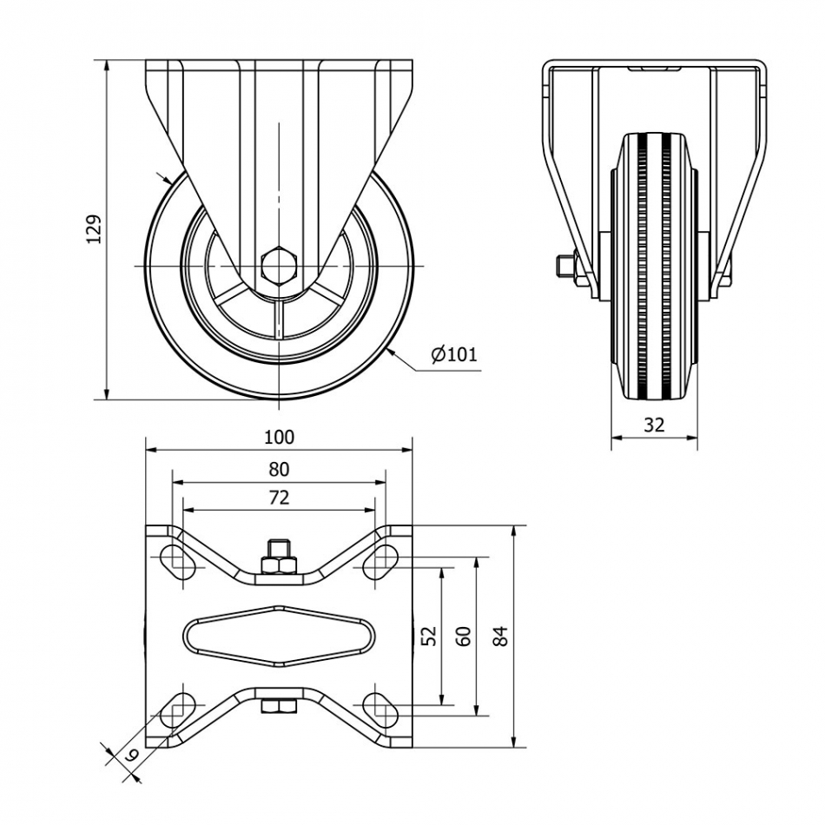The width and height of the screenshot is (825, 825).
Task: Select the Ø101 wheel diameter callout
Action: (453, 353)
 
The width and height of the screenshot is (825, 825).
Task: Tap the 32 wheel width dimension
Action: (654, 425)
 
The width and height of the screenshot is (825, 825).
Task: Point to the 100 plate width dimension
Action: (279, 436)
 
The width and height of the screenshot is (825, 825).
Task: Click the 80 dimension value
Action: (279, 469)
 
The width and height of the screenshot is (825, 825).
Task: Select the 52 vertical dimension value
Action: (428, 637)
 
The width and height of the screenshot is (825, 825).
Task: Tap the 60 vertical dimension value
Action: (464, 637)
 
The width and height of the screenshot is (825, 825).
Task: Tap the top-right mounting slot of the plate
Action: (379, 560)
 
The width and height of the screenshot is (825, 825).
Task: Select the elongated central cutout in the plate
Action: (279, 637)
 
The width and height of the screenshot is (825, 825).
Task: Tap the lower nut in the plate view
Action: (279, 708)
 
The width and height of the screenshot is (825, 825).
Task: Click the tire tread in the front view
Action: (654, 269)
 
